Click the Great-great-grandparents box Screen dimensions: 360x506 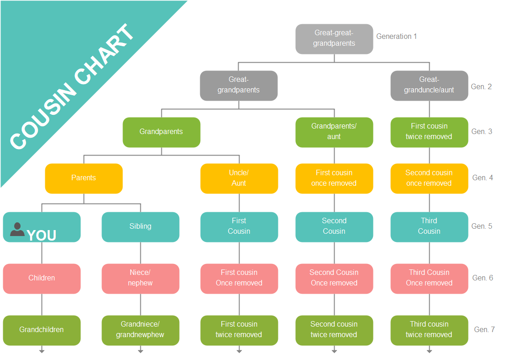coord(334,38)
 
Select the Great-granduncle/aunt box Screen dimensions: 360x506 coord(429,85)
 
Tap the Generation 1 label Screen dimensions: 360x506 coord(396,36)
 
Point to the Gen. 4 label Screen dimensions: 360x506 coord(482,177)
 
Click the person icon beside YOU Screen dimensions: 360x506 coord(17,229)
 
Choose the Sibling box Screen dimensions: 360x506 coord(140,226)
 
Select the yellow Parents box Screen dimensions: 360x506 coord(84,178)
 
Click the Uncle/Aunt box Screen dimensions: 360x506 coord(239,178)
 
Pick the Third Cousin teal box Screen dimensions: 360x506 coord(429,226)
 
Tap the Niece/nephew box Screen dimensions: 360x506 coord(140,278)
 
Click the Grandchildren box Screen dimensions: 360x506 coord(42,330)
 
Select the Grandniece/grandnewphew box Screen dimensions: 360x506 coord(140,330)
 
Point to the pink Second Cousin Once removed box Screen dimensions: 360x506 coord(334,278)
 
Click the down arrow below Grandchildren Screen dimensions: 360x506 coord(42,350)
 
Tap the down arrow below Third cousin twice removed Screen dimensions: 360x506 coord(429,350)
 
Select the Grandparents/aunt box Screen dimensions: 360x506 coord(334,132)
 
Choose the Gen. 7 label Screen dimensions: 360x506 coord(485,329)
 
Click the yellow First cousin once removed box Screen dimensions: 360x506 coord(334,178)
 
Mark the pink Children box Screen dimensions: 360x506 coord(42,278)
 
